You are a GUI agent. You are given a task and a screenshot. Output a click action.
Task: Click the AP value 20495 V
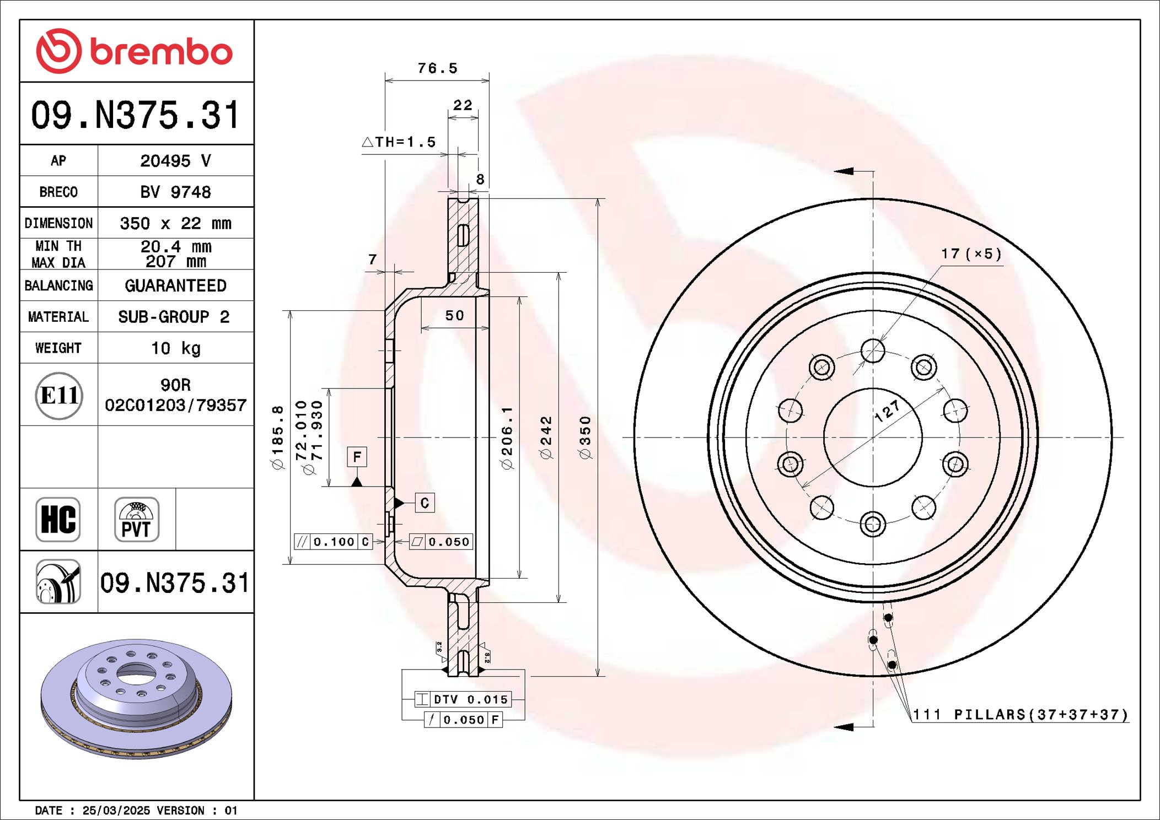[175, 161]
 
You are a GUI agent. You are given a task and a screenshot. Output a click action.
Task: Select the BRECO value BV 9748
[175, 192]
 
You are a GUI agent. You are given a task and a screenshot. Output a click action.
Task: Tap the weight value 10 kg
[175, 348]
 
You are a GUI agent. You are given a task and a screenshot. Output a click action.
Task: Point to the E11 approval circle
[59, 395]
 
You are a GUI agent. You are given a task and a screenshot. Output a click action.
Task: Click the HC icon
[58, 520]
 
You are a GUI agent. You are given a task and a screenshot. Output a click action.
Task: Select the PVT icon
[136, 520]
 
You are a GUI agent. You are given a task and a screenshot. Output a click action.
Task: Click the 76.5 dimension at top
[437, 68]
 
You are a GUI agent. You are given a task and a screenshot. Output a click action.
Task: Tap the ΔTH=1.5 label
[399, 142]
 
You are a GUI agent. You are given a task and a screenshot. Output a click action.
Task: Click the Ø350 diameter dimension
[585, 438]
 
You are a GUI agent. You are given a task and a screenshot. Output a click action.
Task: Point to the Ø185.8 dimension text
[277, 438]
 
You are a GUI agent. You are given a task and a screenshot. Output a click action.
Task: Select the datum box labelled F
[357, 457]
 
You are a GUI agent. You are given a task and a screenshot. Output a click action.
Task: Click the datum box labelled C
[424, 503]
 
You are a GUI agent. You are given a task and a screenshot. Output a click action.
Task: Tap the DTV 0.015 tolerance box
[463, 699]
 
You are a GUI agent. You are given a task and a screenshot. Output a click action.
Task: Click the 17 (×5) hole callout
[971, 254]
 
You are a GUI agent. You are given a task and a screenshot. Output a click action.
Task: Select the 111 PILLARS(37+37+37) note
[1020, 715]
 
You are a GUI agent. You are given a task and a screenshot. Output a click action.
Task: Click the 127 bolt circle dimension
[887, 411]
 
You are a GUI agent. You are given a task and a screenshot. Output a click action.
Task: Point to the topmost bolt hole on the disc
[873, 351]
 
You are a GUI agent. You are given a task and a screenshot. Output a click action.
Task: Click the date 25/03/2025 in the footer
[116, 811]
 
